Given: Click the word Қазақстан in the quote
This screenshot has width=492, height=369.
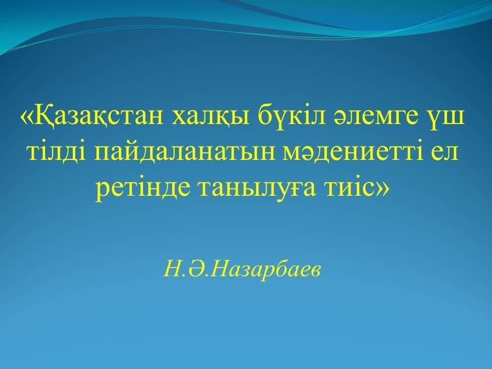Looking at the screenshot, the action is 98,115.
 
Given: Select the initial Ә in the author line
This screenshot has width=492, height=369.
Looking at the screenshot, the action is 196,270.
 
